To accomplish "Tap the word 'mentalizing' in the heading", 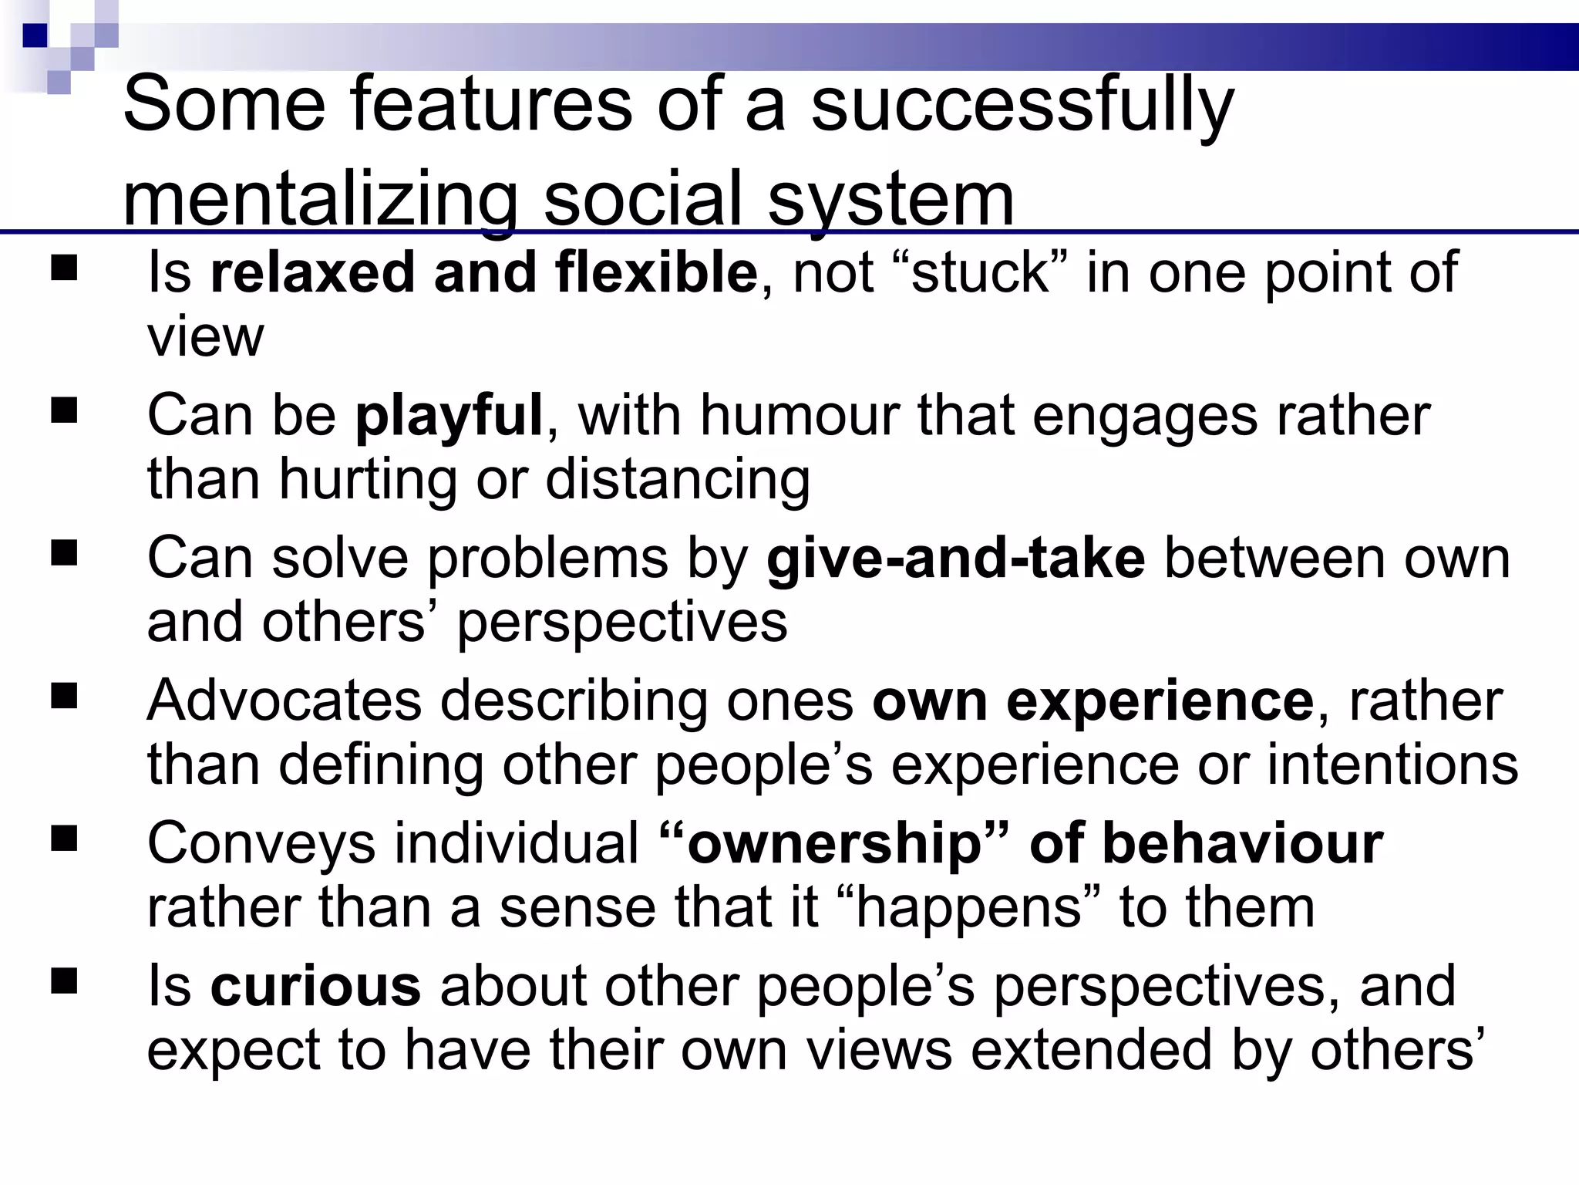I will click(319, 199).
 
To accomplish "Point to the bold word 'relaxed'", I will click(312, 273).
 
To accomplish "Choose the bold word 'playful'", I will click(449, 416).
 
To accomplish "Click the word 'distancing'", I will click(678, 479).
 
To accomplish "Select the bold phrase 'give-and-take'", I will click(955, 558).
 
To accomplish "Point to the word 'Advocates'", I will click(284, 701).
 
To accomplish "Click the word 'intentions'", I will click(1392, 765).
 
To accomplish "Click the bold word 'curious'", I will click(315, 986).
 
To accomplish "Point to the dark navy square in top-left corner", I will click(35, 35).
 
